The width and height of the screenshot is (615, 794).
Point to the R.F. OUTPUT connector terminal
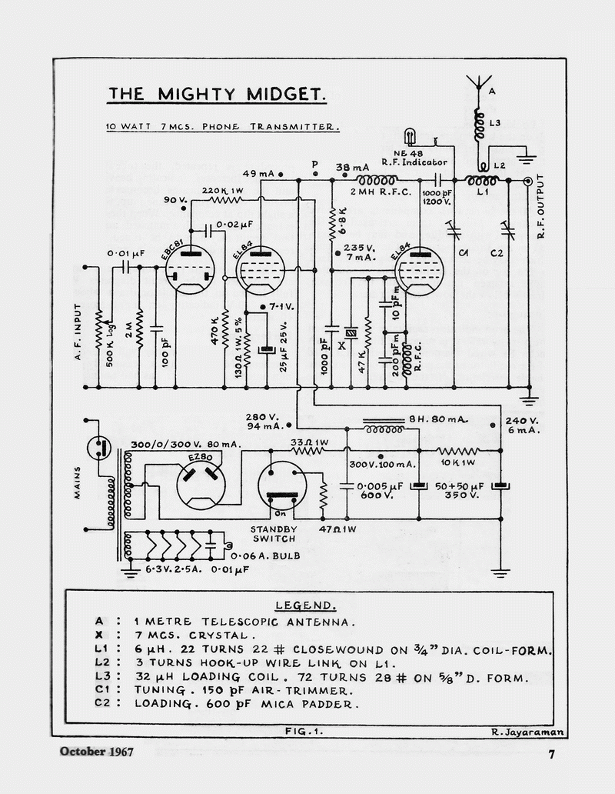point(528,182)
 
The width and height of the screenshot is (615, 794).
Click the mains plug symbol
point(98,447)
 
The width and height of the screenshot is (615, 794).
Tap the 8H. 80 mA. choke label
point(438,419)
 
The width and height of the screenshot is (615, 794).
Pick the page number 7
point(550,755)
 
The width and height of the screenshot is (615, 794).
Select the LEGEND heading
point(305,606)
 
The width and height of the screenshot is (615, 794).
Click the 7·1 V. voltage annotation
point(281,307)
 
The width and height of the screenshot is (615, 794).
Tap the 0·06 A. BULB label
point(264,555)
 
